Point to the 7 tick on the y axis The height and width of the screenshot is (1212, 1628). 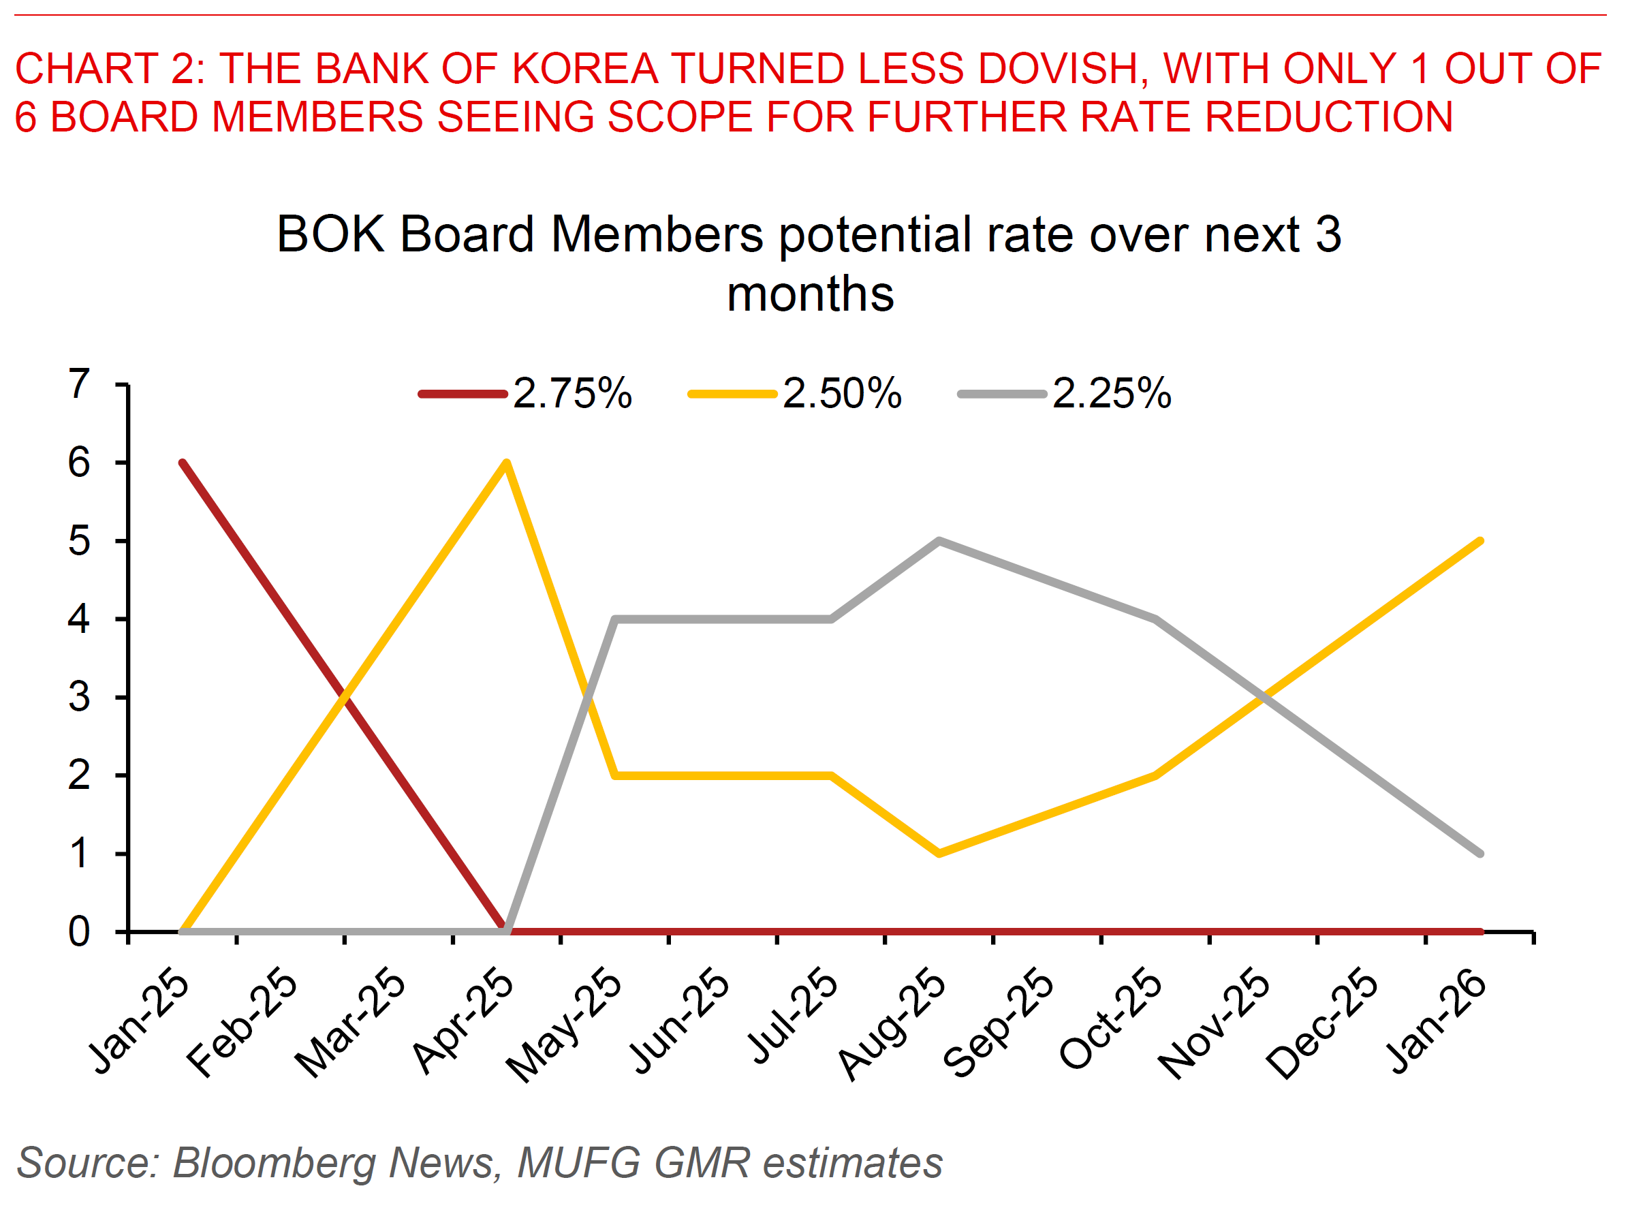(79, 384)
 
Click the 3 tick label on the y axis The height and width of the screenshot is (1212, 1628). (79, 697)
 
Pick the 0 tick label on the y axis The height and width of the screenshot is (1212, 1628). (79, 933)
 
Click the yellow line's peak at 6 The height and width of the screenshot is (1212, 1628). (507, 463)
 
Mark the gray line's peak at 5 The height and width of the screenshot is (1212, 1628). (939, 542)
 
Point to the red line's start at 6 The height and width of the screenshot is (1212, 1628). (183, 463)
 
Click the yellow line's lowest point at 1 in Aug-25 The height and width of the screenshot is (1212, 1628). (939, 854)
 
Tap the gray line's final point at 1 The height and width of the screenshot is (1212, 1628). (1481, 854)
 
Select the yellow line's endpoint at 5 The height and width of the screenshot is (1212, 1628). (1481, 542)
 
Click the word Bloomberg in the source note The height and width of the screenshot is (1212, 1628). (275, 1163)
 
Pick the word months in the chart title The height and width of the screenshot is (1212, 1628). (810, 294)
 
